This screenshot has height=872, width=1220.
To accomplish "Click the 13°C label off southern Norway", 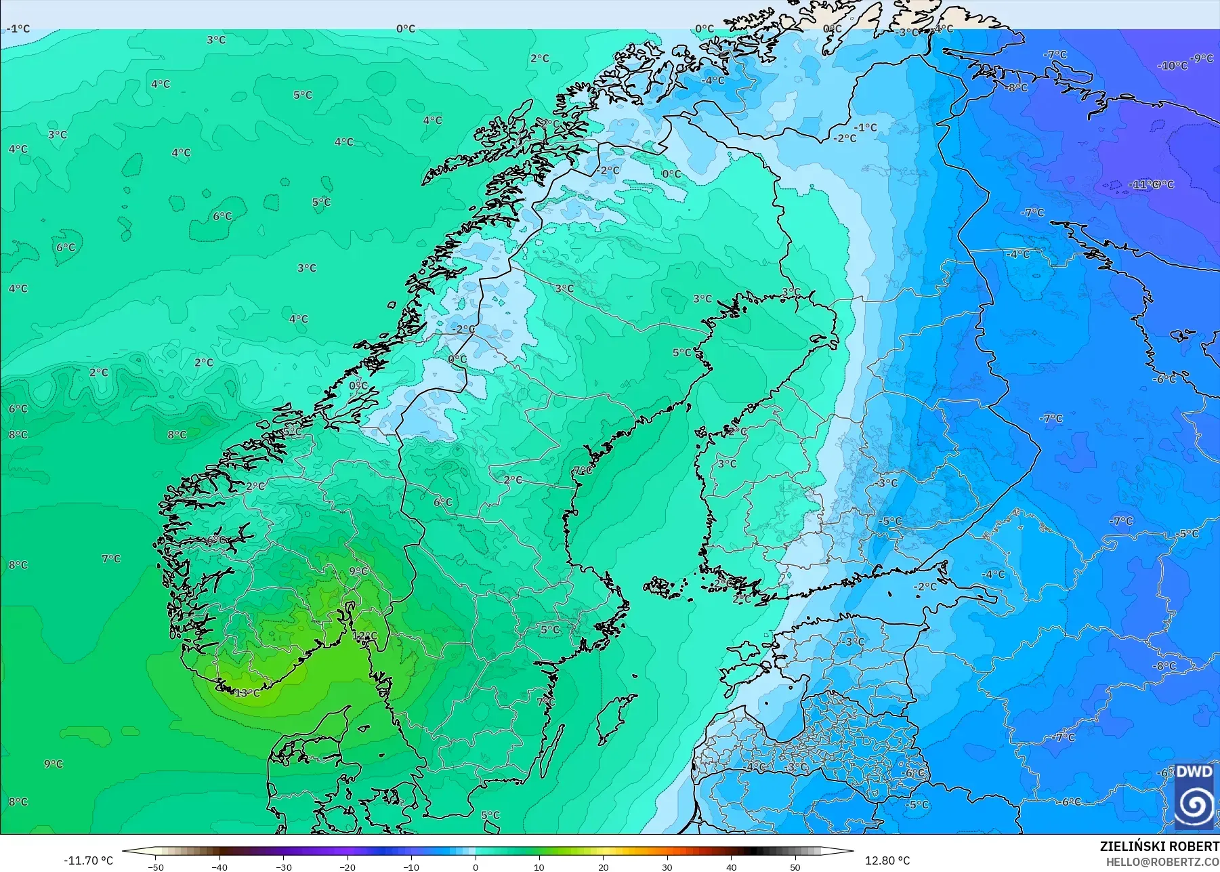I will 247,693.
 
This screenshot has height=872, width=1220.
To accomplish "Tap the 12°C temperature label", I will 364,636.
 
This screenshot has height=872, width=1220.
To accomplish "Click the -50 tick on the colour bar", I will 156,867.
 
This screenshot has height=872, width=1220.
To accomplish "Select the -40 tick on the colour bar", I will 219,867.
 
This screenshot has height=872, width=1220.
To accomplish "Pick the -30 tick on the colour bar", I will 284,867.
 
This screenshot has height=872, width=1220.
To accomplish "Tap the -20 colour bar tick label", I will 348,867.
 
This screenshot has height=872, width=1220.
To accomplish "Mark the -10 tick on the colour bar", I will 412,867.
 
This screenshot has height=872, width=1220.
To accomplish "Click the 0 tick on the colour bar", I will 476,867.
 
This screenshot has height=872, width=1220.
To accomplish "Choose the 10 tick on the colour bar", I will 539,867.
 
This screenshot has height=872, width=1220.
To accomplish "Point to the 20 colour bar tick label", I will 604,867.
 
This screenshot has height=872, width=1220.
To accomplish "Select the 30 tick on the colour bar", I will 667,867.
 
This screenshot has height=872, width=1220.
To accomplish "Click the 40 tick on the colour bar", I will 732,867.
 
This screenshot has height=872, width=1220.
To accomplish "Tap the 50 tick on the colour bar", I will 795,867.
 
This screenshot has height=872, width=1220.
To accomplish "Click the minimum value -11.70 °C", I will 89,860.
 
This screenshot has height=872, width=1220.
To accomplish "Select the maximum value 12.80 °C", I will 887,860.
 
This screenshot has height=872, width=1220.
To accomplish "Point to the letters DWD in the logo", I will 1194,772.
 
